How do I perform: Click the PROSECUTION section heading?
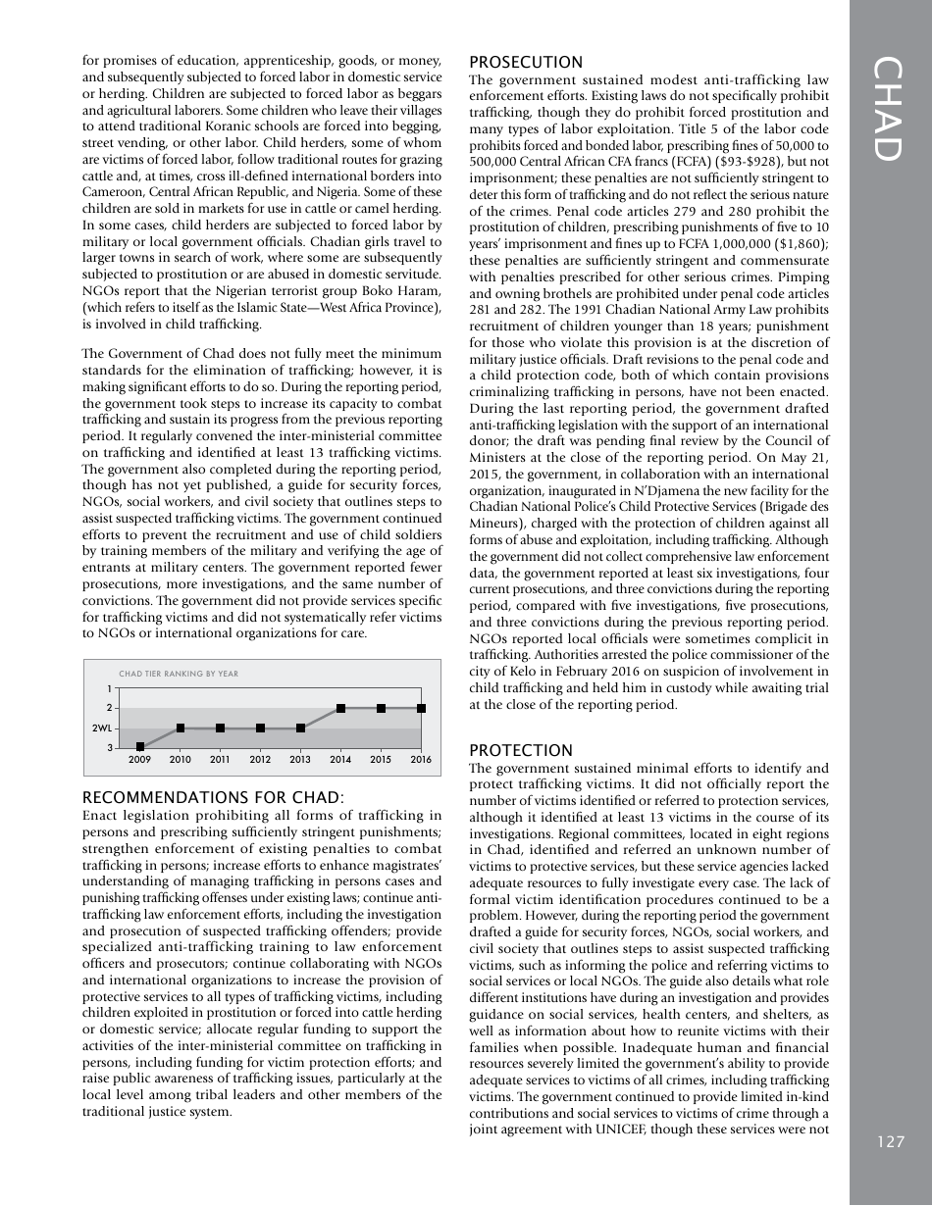(x=526, y=62)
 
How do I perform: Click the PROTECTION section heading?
(x=520, y=750)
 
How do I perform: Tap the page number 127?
(x=891, y=1141)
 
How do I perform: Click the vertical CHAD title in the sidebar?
(x=888, y=109)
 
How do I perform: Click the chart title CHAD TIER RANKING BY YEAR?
(x=179, y=674)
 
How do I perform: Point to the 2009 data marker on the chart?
(x=140, y=747)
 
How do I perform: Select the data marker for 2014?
(x=340, y=708)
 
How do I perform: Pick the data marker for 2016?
(x=421, y=708)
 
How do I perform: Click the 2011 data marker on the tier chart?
(x=221, y=728)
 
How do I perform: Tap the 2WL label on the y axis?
(x=102, y=729)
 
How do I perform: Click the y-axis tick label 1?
(x=109, y=688)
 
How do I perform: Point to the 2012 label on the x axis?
(x=260, y=759)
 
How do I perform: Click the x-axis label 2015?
(x=381, y=759)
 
